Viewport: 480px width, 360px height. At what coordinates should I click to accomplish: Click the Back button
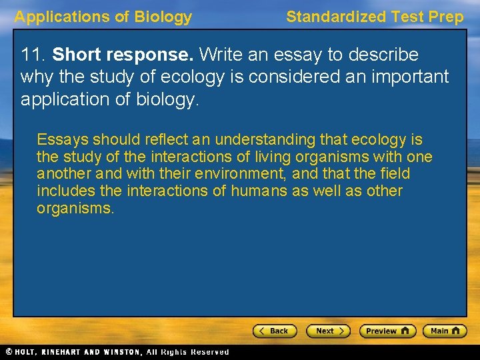point(274,331)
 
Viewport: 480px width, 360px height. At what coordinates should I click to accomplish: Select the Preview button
point(387,331)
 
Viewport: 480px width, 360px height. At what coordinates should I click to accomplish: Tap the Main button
point(444,331)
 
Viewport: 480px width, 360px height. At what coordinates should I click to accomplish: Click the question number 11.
point(31,55)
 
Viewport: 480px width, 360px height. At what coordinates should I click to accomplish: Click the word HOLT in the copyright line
point(27,352)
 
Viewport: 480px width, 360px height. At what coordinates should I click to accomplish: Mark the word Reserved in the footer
point(209,352)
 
